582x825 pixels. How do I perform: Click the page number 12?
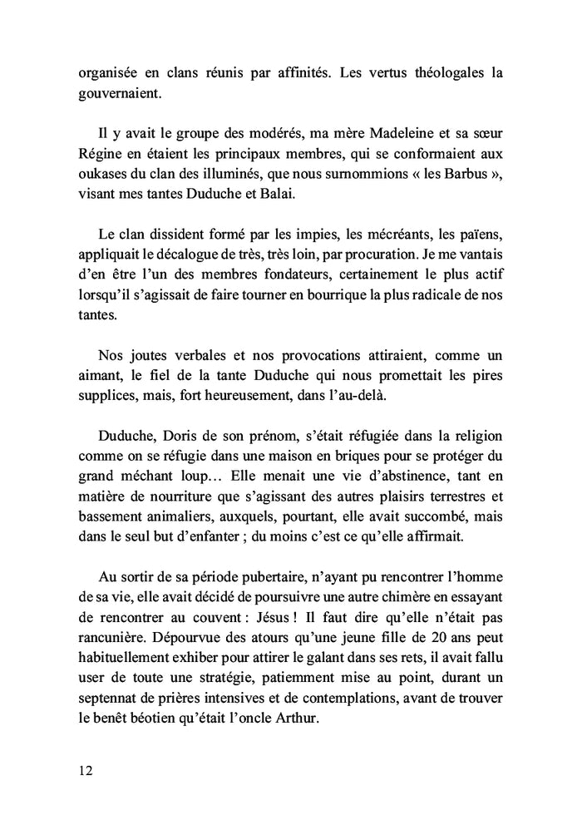point(86,770)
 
